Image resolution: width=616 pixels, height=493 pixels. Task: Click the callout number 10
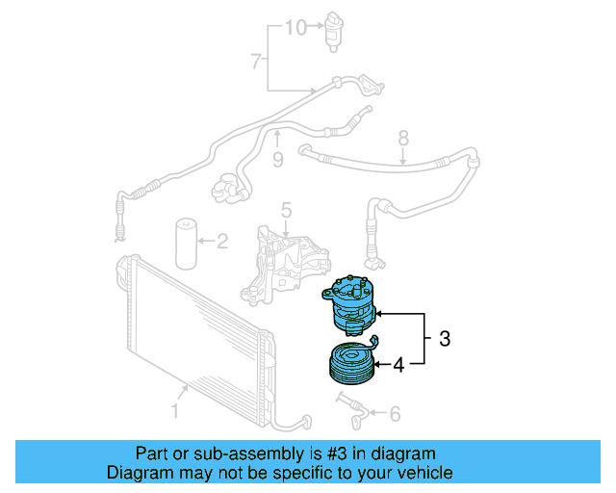point(294,27)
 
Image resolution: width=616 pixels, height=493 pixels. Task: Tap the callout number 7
point(256,63)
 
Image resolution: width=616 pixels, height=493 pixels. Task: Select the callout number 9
point(277,160)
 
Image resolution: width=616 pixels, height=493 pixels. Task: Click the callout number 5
point(286,211)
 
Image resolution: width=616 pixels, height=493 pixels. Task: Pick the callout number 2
point(221,241)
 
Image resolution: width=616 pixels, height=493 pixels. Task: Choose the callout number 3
point(445,339)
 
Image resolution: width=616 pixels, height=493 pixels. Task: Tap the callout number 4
point(398,364)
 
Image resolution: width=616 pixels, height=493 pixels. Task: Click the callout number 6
point(394,414)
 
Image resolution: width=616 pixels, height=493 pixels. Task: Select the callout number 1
point(175,413)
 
